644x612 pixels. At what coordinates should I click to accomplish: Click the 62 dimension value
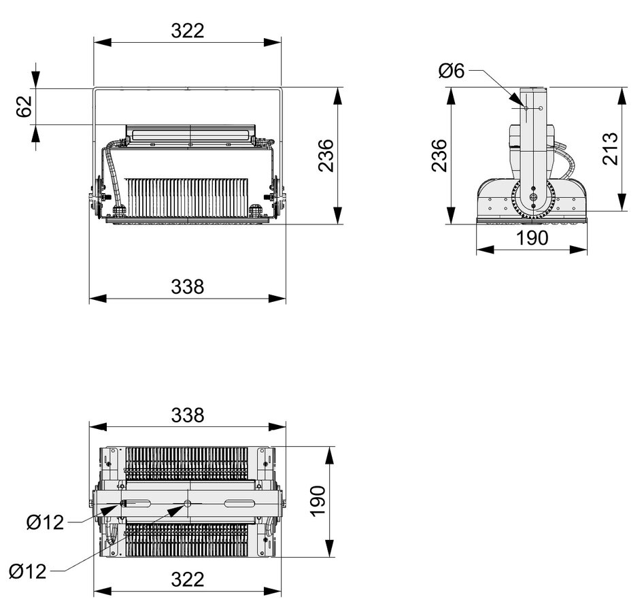[x=24, y=107]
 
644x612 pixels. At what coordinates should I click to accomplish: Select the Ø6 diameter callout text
[x=452, y=71]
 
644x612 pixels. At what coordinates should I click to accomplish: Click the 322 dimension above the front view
[x=188, y=31]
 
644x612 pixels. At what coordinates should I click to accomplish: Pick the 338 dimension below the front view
[x=188, y=287]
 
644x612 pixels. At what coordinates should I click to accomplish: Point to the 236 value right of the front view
[x=326, y=156]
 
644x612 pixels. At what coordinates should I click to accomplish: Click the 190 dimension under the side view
[x=532, y=238]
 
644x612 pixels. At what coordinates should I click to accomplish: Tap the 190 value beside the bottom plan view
[x=318, y=502]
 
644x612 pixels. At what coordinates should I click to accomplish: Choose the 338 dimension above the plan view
[x=188, y=415]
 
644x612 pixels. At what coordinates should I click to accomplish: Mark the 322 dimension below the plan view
[x=188, y=579]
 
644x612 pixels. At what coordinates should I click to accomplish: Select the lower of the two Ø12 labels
[x=28, y=571]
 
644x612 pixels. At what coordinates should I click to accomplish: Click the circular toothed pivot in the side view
[x=532, y=200]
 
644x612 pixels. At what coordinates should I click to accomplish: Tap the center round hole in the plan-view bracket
[x=188, y=504]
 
